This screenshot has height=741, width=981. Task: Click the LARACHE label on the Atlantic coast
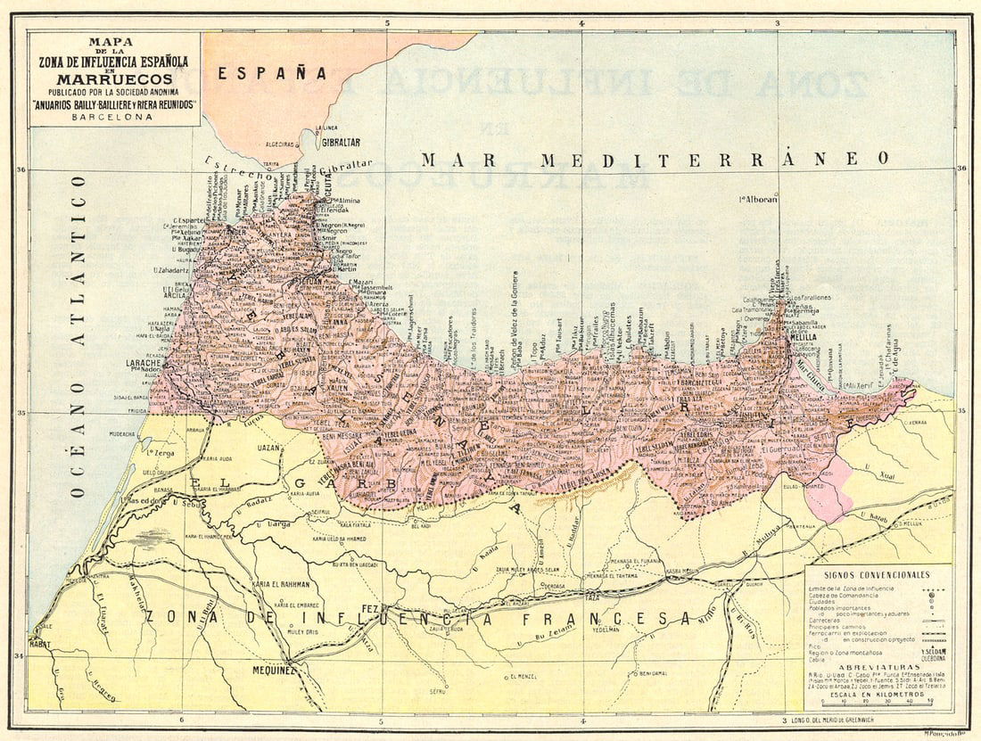(146, 364)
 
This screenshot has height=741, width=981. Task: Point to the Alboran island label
(759, 200)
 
